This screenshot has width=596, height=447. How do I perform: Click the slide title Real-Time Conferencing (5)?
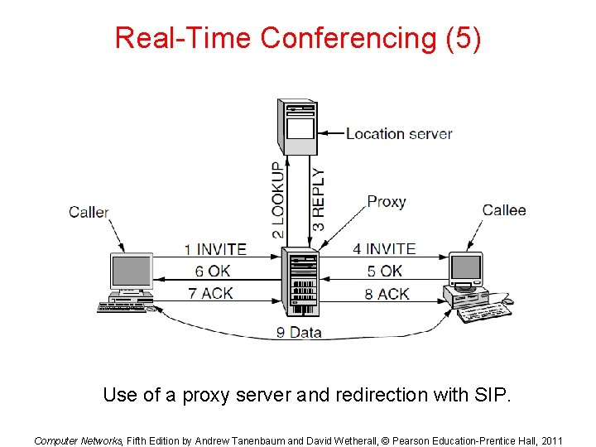297,38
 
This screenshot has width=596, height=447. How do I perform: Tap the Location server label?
398,133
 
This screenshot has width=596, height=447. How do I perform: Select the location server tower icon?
299,127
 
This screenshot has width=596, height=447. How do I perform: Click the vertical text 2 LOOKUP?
278,200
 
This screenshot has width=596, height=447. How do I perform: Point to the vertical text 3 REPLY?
319,200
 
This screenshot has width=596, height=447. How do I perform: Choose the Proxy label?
387,201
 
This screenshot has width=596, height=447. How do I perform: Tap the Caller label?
89,212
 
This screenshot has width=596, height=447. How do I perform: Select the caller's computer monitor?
132,273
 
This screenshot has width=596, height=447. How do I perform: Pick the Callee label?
504,210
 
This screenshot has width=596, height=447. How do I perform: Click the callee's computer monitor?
466,268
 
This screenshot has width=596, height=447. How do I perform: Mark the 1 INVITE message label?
215,248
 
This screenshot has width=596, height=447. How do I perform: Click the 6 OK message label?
213,271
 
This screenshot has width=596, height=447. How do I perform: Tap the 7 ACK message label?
210,293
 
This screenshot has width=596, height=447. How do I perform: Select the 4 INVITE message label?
384,248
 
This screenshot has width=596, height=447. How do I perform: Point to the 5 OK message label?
385,271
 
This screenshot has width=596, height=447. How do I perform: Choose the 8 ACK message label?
387,293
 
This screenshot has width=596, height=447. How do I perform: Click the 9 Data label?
299,333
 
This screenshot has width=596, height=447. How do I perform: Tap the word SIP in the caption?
494,395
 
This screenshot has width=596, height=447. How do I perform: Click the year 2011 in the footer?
550,440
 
